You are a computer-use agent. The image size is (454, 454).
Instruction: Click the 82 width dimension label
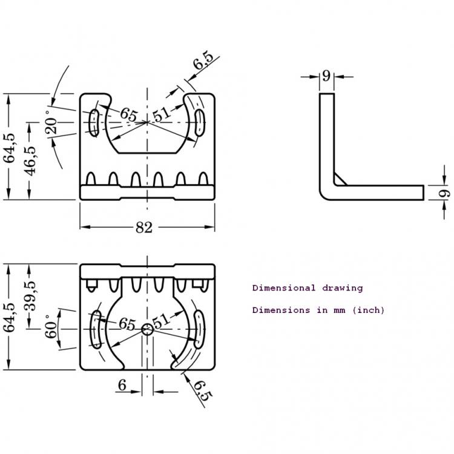pos(144,228)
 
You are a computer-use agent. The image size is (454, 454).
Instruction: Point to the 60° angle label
pos(51,327)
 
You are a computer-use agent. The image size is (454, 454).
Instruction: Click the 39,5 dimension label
pos(30,295)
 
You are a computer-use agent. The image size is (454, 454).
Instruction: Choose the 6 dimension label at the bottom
pos(122,385)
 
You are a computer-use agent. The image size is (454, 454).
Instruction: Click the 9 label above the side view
pos(326,76)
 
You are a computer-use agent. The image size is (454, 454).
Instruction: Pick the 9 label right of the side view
pos(444,193)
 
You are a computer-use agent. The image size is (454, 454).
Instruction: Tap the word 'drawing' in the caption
pos(342,288)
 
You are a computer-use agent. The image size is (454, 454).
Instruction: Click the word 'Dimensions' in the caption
pos(281,310)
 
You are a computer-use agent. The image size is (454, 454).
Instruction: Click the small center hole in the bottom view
pos(147,329)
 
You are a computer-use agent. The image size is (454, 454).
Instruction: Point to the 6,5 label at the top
pos(203,61)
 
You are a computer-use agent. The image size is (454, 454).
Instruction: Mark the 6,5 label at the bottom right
pos(203,390)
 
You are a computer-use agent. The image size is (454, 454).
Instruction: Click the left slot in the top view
pos(94,123)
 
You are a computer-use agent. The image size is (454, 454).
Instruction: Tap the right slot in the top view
pos(199,122)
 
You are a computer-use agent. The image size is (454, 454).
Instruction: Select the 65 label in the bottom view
pos(127,324)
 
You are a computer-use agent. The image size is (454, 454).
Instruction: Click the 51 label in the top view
pos(161,114)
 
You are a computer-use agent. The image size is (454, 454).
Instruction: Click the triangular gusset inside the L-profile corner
pos(340,180)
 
